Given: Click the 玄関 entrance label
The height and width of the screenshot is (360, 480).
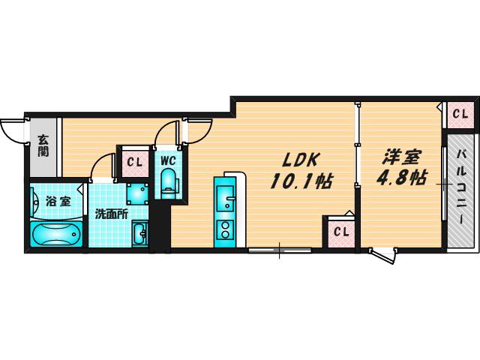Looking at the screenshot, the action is click(43, 145).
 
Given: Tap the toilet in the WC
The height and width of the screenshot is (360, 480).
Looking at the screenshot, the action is click(168, 183).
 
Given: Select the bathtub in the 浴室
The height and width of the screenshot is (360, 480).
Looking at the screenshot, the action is click(57, 233).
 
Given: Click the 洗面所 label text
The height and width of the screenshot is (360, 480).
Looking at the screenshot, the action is click(111, 214).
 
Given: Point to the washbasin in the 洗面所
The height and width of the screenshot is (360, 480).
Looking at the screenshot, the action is click(140, 233).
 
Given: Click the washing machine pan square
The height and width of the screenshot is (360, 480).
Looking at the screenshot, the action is click(137, 193).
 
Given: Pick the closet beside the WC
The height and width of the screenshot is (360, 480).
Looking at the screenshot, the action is click(135, 163).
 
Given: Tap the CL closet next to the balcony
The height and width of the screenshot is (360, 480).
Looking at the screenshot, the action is click(460, 115).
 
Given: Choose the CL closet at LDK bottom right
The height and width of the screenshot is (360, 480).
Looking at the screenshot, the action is click(341, 232).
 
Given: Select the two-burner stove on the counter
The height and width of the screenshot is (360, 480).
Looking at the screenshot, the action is click(225, 230).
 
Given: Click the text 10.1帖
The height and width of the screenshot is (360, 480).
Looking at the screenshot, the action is click(301, 181).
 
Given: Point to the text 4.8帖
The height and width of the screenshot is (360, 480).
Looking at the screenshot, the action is click(401, 178).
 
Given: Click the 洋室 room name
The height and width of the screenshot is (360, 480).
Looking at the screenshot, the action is click(402, 157).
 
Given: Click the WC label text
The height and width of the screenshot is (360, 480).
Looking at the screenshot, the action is click(168, 160).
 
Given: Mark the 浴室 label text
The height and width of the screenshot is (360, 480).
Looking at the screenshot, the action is click(58, 202).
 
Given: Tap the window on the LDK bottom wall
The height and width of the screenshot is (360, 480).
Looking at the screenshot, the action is click(280, 250).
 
